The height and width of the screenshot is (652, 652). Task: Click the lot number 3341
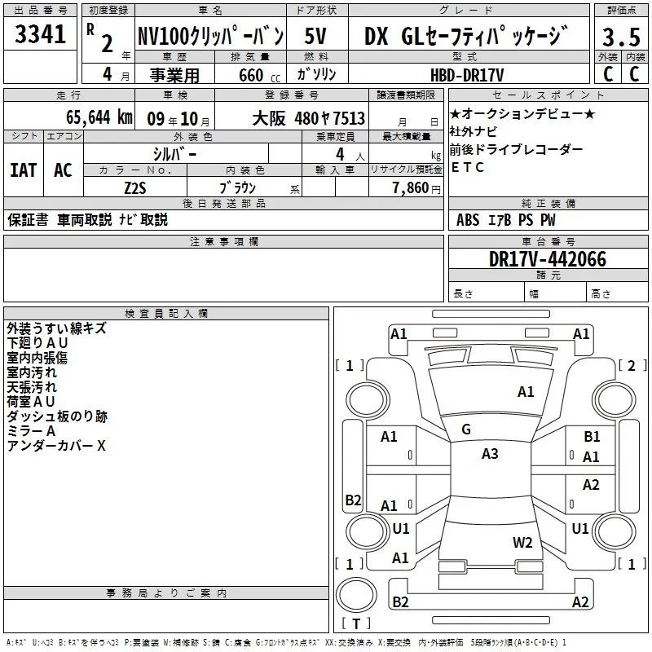[40, 34]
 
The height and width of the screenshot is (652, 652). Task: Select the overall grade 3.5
[621, 37]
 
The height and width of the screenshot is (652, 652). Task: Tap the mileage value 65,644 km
[99, 117]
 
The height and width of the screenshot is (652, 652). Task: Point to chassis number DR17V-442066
[548, 259]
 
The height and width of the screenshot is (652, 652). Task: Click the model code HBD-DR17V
[466, 75]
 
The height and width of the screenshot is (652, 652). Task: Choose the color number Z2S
[135, 188]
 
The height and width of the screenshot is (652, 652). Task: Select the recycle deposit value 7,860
[411, 188]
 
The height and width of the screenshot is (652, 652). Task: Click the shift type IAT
[24, 170]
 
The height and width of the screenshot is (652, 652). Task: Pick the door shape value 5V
[315, 36]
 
